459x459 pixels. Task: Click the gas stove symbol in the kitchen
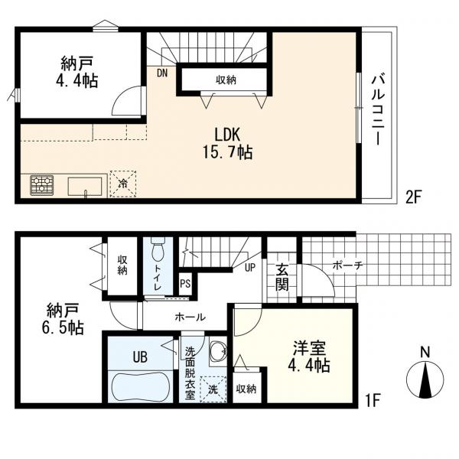41,185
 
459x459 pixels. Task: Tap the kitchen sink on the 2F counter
85,186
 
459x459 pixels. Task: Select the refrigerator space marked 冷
123,184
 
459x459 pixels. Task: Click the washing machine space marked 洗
213,389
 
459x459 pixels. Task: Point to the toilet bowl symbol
158,249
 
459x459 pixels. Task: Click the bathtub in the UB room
140,387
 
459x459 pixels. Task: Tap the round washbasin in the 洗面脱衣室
218,350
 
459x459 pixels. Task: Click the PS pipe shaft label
185,284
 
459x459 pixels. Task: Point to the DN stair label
162,73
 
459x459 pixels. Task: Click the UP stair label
249,267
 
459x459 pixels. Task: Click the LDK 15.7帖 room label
228,144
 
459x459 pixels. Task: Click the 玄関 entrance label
282,277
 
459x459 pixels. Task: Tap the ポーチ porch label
347,265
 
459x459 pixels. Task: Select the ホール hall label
190,317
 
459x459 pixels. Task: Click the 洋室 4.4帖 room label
309,356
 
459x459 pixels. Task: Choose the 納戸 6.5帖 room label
63,319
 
